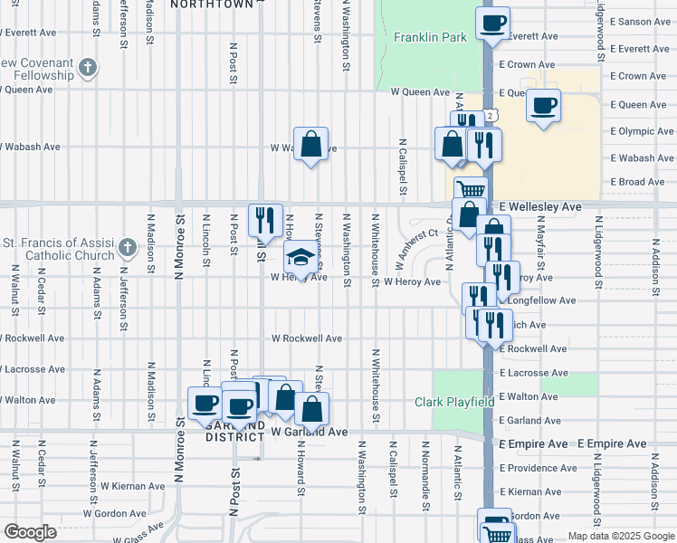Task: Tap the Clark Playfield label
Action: [453, 402]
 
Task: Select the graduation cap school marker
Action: [299, 258]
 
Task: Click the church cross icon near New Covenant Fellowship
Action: [87, 68]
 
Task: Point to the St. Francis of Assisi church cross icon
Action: [129, 247]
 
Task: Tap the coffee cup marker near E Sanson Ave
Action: [492, 23]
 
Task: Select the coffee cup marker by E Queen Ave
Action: [543, 105]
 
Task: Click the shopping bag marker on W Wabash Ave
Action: [310, 144]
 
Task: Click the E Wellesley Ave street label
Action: [538, 206]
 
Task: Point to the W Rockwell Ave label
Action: [307, 338]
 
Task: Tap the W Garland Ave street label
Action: [310, 433]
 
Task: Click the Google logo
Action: [29, 532]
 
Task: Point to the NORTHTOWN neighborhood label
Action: [212, 5]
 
